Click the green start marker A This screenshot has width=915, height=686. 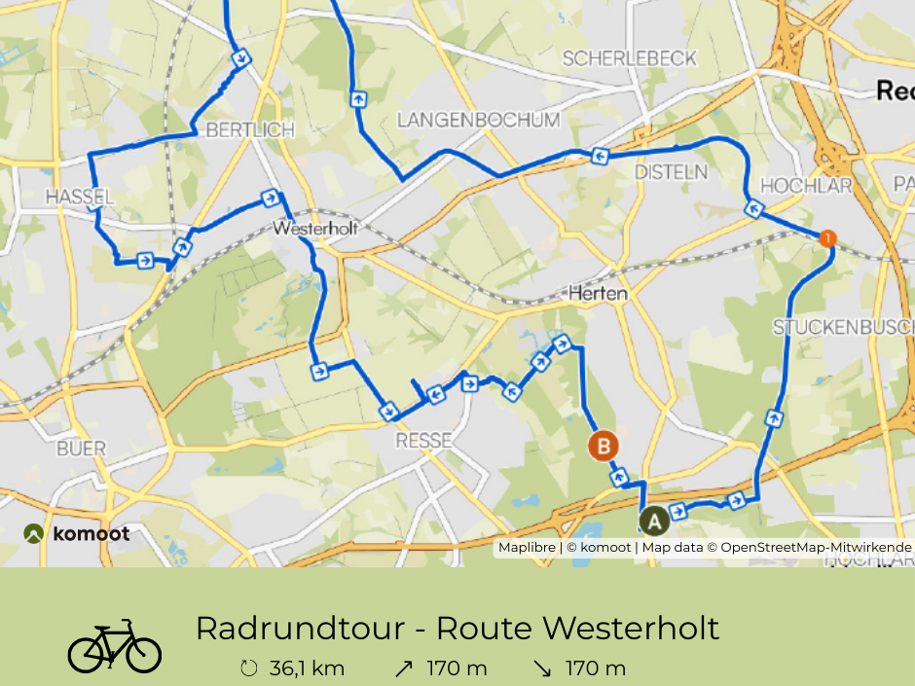(654, 521)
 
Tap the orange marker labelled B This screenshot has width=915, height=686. (604, 447)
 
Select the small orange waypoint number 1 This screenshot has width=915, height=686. (827, 237)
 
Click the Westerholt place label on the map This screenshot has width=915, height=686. (315, 230)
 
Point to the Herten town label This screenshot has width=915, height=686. (598, 293)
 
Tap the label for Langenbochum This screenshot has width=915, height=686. (479, 120)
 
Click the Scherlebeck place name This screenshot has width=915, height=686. (630, 58)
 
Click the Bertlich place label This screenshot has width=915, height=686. (237, 130)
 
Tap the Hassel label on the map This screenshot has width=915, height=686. (80, 198)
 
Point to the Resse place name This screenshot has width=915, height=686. (423, 441)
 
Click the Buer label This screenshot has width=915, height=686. (82, 449)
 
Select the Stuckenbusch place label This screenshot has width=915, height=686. (843, 327)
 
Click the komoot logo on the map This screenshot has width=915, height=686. (77, 533)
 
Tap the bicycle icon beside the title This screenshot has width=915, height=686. (114, 646)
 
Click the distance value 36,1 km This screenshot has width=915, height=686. (307, 668)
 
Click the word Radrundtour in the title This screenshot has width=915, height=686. (298, 629)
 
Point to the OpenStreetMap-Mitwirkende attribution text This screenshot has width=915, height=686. (816, 547)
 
